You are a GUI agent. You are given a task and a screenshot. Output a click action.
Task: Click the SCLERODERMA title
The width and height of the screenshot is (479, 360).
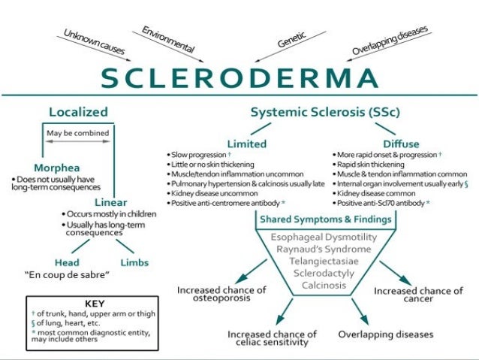pyautogui.click(x=239, y=77)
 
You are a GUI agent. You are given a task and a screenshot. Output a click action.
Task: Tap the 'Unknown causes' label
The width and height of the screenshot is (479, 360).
pyautogui.click(x=94, y=44)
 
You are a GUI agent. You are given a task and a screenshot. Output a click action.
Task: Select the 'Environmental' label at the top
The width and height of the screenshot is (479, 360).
pyautogui.click(x=167, y=39)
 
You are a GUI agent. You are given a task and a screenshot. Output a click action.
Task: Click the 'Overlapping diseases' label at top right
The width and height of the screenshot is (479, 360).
pyautogui.click(x=391, y=41)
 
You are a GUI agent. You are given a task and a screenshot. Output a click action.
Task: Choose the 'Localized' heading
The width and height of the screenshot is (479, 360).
pyautogui.click(x=78, y=112)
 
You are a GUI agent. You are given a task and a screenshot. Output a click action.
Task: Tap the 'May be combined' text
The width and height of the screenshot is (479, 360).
pyautogui.click(x=78, y=134)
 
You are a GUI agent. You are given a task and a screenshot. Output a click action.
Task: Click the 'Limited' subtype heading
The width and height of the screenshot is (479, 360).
pyautogui.click(x=247, y=142)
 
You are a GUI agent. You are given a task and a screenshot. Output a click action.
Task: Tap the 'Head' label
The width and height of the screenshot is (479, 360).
pyautogui.click(x=67, y=262)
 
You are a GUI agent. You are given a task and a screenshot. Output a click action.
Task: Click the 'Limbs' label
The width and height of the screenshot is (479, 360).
pyautogui.click(x=134, y=262)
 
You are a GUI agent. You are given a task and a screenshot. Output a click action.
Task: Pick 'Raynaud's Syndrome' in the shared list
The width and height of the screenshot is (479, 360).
pyautogui.click(x=313, y=248)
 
